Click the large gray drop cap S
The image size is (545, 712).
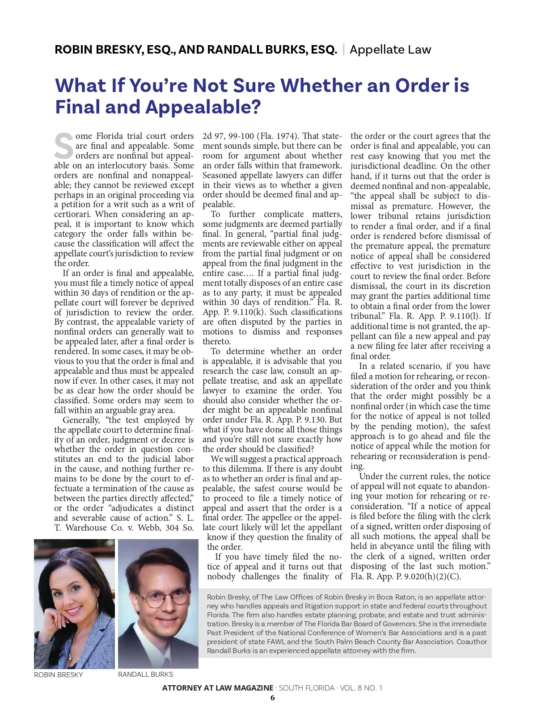click(x=63, y=146)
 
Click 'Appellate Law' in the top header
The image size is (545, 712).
click(x=390, y=50)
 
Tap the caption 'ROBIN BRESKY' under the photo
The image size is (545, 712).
click(x=59, y=674)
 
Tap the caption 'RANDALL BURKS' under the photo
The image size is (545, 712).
click(x=145, y=674)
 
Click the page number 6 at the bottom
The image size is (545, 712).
click(x=272, y=698)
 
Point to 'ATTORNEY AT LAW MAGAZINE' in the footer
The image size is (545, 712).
click(x=218, y=688)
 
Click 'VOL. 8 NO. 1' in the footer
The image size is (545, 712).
click(x=361, y=688)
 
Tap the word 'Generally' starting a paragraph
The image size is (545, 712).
click(x=81, y=420)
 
